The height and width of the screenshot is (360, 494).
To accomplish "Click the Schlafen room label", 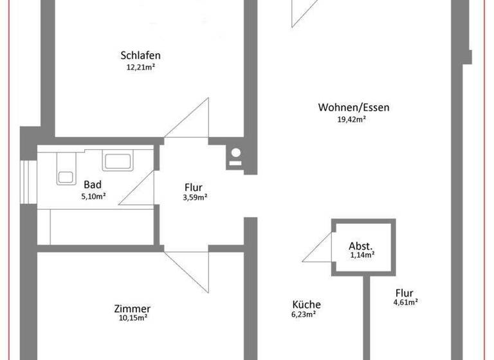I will click(x=140, y=55).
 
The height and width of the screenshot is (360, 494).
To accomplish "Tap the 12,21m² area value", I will click(x=140, y=66).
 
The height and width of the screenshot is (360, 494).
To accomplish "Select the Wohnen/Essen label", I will click(x=353, y=107).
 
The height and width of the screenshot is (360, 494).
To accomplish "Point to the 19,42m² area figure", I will click(x=351, y=119).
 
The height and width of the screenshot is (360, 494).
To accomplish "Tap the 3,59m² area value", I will click(x=195, y=197).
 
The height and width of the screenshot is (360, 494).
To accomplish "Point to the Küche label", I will click(x=306, y=305).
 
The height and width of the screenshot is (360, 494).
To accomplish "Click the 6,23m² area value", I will click(x=304, y=314).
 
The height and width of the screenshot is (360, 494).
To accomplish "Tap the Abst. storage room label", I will click(x=361, y=246).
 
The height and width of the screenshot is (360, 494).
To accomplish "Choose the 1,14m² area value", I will click(x=362, y=255).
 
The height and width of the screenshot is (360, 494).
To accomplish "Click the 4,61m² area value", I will click(x=406, y=301).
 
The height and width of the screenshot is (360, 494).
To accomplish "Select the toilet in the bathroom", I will click(x=65, y=170).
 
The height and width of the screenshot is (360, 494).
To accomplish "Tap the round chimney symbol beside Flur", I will click(x=236, y=154).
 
